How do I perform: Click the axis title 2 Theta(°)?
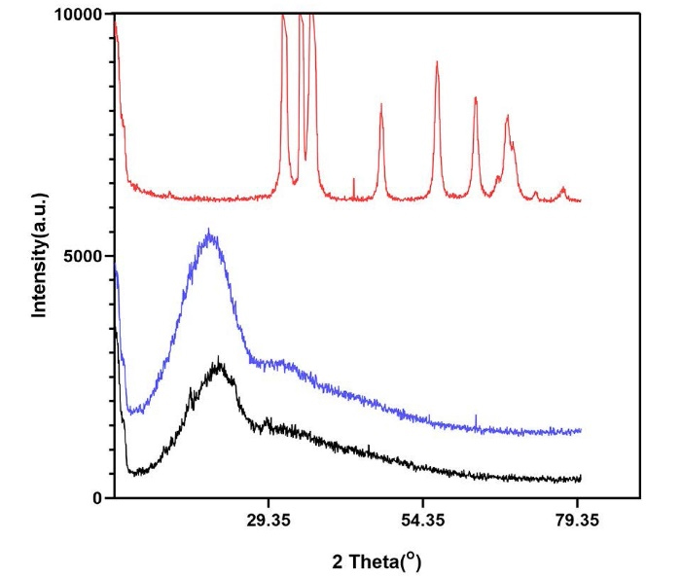(377, 561)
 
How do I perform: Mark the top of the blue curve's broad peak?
(208, 232)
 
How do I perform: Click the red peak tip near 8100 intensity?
(381, 104)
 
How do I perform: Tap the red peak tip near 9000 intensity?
(437, 62)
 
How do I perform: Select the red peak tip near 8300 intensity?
(476, 97)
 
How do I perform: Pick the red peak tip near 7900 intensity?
(508, 116)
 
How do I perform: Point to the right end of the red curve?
(580, 200)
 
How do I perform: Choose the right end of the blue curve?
(580, 430)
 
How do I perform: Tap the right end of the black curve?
(580, 478)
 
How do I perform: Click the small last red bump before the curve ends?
(562, 188)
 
